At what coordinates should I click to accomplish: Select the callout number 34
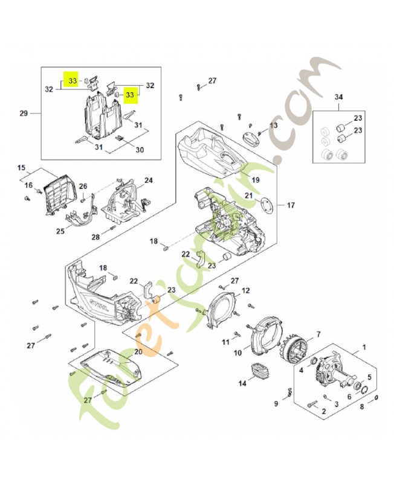tap(338, 97)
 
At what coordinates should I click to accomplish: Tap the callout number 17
tap(290, 205)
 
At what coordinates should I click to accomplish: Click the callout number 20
tap(138, 351)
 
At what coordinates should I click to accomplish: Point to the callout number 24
tap(148, 180)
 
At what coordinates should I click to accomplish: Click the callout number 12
tap(245, 290)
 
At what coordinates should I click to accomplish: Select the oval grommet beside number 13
tap(249, 136)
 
